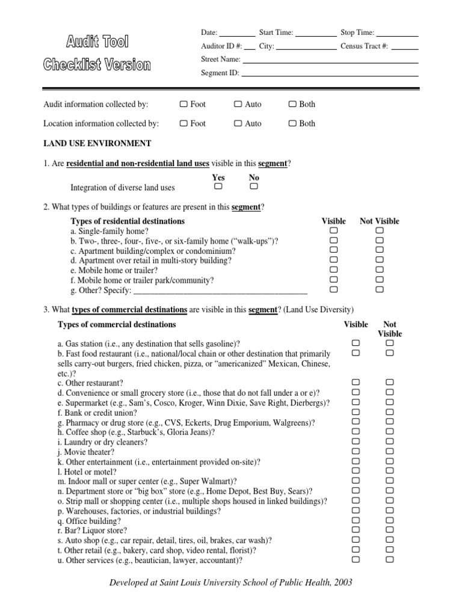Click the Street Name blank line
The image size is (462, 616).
[330, 62]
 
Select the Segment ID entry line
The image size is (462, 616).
[330, 75]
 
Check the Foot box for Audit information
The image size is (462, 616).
[183, 104]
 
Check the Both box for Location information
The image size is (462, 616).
[292, 123]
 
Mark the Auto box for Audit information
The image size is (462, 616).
[238, 104]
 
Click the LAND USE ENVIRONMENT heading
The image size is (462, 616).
[97, 143]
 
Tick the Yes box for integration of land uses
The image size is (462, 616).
[218, 187]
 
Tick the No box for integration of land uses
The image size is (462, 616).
[254, 187]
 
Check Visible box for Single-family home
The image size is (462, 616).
[334, 230]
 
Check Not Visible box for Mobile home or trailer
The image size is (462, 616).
[379, 270]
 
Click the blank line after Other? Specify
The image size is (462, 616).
[220, 291]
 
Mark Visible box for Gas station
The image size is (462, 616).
[356, 343]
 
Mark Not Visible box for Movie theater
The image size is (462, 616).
[389, 451]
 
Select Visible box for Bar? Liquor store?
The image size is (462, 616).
[356, 530]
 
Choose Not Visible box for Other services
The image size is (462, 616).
[389, 559]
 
